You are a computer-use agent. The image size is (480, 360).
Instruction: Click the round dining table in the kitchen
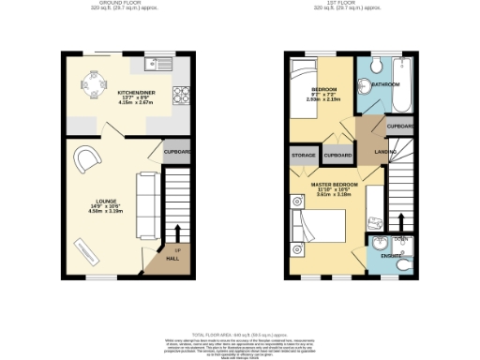95,80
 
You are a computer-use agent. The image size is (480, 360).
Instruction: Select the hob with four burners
181,94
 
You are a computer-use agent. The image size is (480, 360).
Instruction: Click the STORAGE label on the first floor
304,155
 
